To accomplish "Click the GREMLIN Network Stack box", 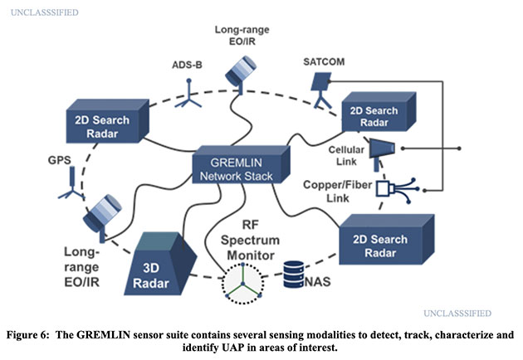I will click(242, 164).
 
